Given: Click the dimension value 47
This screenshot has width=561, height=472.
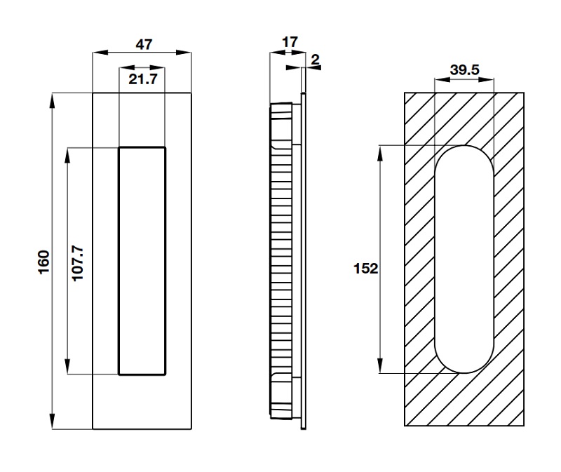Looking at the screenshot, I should click(x=143, y=44).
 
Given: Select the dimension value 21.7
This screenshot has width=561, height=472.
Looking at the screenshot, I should click(x=142, y=79).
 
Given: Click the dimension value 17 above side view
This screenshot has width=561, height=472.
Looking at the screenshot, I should click(x=288, y=43).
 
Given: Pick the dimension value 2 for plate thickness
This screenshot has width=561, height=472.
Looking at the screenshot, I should click(x=314, y=61).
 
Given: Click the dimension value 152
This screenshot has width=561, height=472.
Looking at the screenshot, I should click(x=366, y=268).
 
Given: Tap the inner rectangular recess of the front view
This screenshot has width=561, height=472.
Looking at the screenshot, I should click(x=142, y=260).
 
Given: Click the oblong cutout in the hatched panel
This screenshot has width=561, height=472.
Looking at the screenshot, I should click(x=464, y=259).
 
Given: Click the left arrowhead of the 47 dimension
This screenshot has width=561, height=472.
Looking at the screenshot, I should click(x=98, y=52).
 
